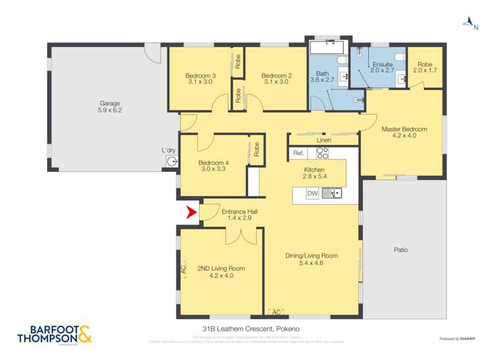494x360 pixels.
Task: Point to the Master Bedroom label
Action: click(x=404, y=130)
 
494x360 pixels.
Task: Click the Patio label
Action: click(x=401, y=249)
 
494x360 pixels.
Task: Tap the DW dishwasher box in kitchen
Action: click(x=312, y=193)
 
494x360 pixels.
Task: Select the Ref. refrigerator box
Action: click(x=299, y=153)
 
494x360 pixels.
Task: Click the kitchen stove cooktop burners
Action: click(x=322, y=153)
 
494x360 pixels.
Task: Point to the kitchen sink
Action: click(x=332, y=193)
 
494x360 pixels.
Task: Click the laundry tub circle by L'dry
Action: click(x=172, y=161)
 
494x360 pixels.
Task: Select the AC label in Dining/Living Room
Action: click(x=276, y=311)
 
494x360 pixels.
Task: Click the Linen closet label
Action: click(x=323, y=140)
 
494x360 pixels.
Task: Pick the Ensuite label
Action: click(x=383, y=64)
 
